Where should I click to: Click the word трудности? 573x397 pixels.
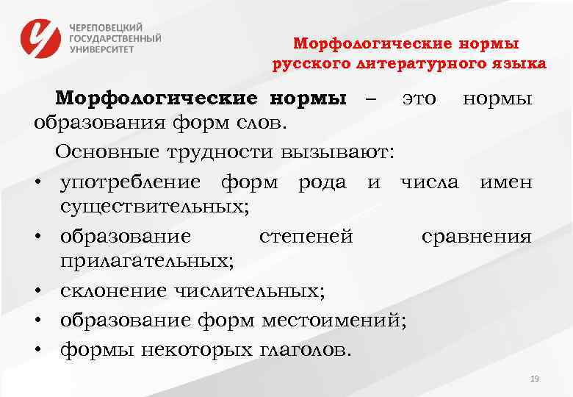coord(225,151)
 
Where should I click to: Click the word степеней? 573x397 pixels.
coord(306,236)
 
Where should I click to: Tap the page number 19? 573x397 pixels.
coord(534,379)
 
